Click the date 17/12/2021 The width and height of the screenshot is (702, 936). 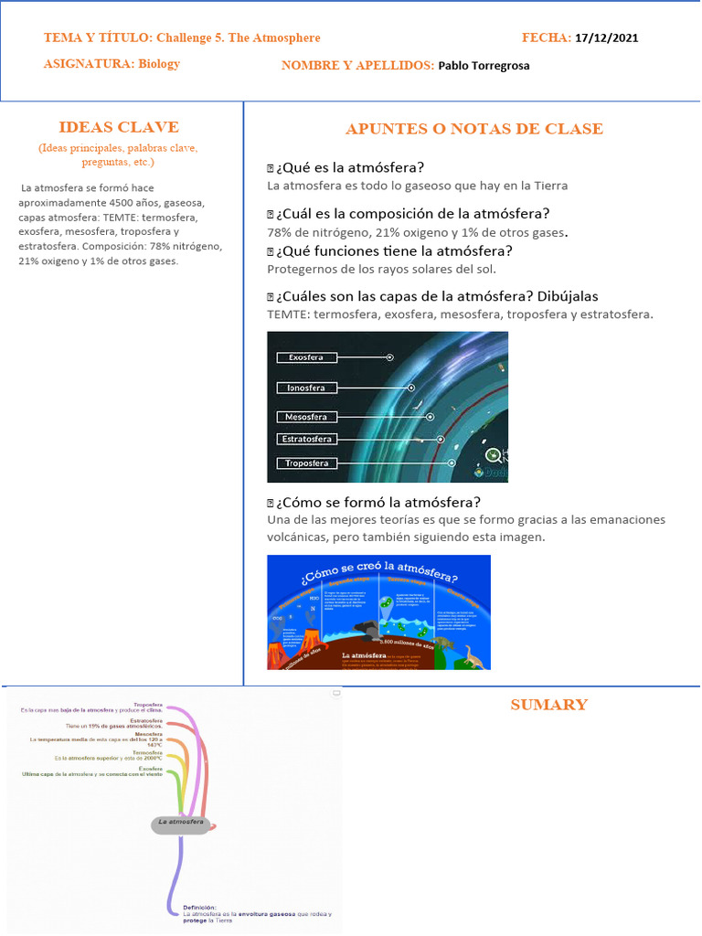(607, 37)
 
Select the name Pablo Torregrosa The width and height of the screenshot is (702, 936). (484, 66)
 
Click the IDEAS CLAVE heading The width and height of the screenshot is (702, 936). (119, 127)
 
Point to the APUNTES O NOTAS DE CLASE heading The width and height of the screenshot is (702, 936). (473, 129)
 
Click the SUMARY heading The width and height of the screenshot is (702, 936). (548, 705)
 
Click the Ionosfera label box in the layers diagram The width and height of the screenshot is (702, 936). (307, 388)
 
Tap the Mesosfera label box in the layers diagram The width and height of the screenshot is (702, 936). (306, 417)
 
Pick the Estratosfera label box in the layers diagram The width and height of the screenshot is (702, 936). (306, 440)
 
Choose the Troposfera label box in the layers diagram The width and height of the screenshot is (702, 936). (306, 463)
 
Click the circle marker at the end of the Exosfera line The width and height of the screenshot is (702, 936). (390, 357)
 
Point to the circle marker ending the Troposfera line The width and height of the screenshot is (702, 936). (452, 463)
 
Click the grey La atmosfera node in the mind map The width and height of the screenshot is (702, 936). (181, 823)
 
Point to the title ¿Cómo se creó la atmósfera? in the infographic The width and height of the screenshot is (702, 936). (378, 576)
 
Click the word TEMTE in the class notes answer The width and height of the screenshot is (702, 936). (285, 314)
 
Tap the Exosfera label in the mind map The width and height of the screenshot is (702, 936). (151, 769)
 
